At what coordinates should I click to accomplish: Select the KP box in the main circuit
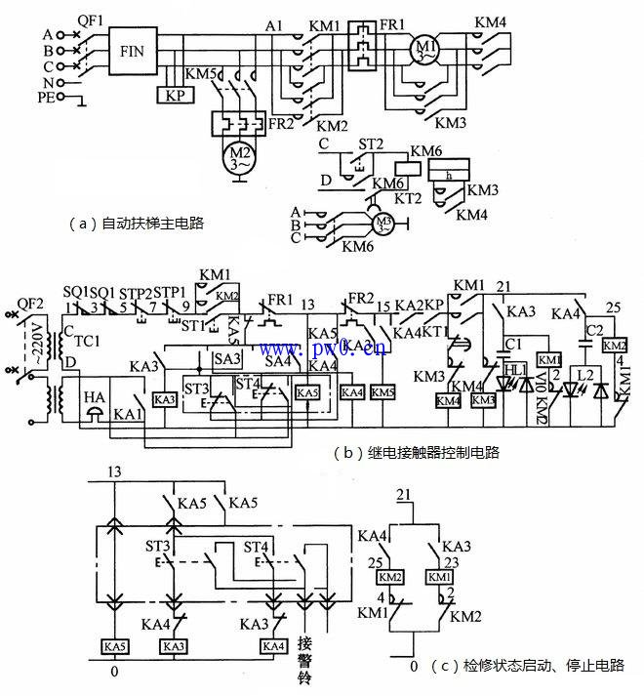(x=175, y=95)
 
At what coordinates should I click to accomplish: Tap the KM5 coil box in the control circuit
(x=383, y=391)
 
